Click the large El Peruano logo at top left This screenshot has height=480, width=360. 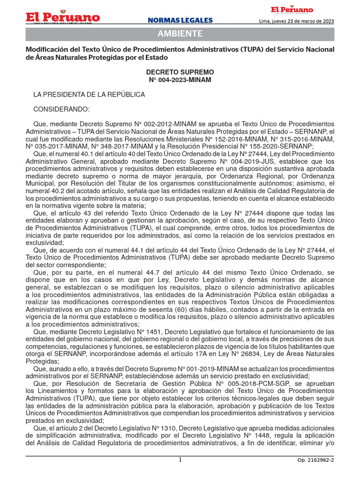63,17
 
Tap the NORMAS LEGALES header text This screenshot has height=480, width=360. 180,20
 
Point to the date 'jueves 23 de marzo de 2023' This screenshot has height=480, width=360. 303,21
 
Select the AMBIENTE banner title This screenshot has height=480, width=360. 180,34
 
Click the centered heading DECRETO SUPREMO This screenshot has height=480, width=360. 180,72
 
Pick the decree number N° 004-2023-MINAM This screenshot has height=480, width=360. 180,80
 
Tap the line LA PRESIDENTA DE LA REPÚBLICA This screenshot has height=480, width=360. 89,95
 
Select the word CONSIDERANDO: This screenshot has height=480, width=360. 61,109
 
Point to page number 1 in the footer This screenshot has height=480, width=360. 180,460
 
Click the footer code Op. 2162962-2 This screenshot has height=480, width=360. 315,460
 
